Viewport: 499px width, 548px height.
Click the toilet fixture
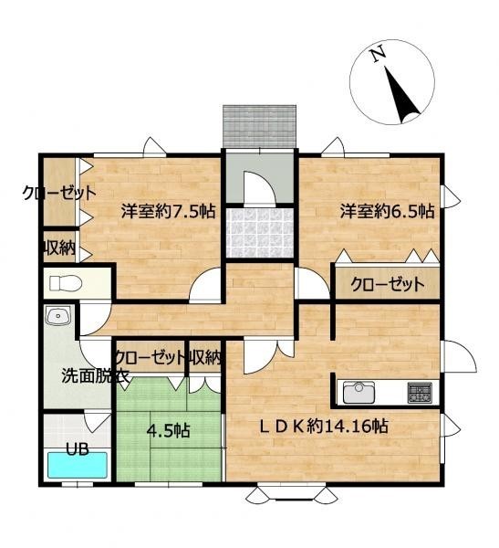tap(66, 283)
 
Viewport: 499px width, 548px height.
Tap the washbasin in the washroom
tap(58, 316)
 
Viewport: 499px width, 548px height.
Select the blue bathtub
tap(78, 465)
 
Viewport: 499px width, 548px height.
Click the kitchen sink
tap(359, 393)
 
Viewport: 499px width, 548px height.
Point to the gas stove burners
tap(420, 393)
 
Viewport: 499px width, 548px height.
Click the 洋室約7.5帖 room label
tap(169, 212)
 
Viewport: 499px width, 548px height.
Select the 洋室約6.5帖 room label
tap(388, 212)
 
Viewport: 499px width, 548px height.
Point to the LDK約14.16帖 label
tap(324, 427)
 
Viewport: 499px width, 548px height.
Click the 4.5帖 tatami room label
tap(169, 430)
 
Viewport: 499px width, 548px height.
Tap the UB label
tap(78, 449)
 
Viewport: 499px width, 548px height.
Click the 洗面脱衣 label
tap(96, 376)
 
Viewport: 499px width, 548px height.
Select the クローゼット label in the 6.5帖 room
tap(388, 284)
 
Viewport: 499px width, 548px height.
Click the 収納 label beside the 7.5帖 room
tap(59, 248)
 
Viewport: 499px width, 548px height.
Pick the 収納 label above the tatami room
tap(205, 357)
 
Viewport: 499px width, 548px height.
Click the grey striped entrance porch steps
tap(259, 126)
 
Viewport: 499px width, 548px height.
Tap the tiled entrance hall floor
tap(259, 232)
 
